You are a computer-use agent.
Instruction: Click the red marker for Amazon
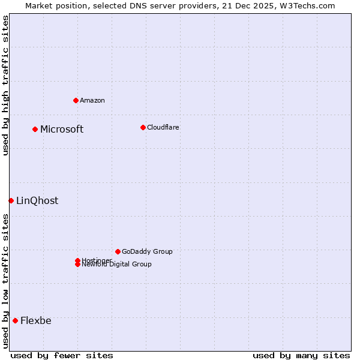point(76,100)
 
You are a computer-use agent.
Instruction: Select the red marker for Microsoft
point(35,129)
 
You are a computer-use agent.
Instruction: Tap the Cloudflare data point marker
point(143,127)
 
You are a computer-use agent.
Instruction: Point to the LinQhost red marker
point(11,200)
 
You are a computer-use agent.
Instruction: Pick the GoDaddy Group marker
point(118,251)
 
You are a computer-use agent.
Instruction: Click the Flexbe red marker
point(15,320)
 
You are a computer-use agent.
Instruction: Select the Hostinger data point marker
point(77,260)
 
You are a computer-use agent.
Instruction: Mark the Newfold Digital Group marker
point(77,264)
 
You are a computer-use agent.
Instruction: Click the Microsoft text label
point(62,130)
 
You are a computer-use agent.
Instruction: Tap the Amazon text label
point(92,101)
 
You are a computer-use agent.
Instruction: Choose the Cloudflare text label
point(163,128)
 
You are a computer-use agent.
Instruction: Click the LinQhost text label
point(37,201)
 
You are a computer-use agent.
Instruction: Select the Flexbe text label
point(36,321)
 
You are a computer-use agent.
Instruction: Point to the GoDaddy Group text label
point(147,252)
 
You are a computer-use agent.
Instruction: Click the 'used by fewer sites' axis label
point(62,355)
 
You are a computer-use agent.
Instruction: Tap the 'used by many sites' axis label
point(301,355)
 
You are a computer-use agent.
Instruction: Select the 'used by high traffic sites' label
point(6,85)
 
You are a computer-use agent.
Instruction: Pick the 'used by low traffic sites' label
point(6,281)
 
